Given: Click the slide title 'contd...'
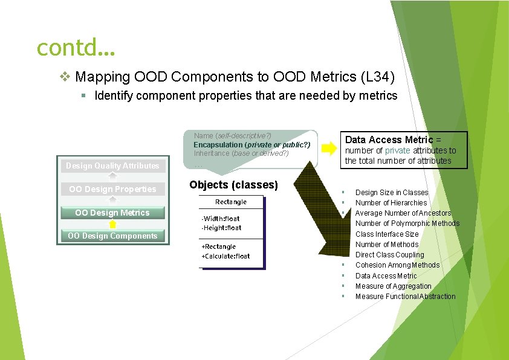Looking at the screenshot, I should pyautogui.click(x=75, y=47).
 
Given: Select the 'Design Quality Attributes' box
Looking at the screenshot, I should pyautogui.click(x=112, y=166).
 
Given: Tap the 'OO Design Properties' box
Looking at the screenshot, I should pyautogui.click(x=112, y=189).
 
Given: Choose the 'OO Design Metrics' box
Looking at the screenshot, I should pyautogui.click(x=112, y=213).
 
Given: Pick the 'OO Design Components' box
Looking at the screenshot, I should pyautogui.click(x=112, y=236).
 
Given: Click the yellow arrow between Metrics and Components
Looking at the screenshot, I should pyautogui.click(x=112, y=224).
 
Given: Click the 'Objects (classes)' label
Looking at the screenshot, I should pyautogui.click(x=233, y=185).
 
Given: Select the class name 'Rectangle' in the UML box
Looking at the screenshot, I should pyautogui.click(x=231, y=202).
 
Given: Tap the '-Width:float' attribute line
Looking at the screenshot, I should pyautogui.click(x=220, y=218).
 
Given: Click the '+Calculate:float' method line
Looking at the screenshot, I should pyautogui.click(x=225, y=256).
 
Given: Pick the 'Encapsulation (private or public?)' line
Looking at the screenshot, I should pyautogui.click(x=251, y=145).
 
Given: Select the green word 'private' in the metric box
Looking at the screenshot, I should pyautogui.click(x=397, y=150).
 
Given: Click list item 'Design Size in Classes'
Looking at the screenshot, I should pyautogui.click(x=391, y=192).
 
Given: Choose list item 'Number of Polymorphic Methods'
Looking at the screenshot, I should pyautogui.click(x=407, y=223).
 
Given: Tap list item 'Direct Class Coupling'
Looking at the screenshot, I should pyautogui.click(x=389, y=255).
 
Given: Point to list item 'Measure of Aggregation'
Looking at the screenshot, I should pyautogui.click(x=393, y=286).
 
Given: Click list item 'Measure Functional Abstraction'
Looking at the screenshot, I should pyautogui.click(x=405, y=297).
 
